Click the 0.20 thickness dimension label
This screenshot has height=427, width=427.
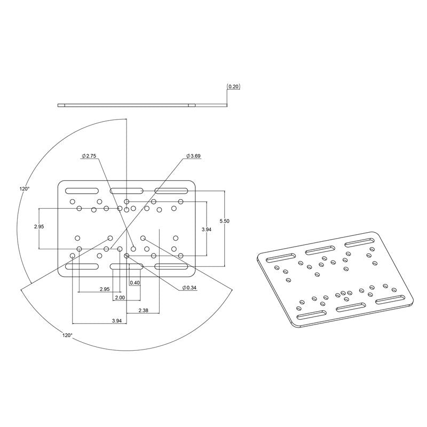233,86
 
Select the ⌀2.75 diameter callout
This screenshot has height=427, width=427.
89,156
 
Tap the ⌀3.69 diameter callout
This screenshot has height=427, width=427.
193,156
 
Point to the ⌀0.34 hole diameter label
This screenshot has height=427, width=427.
189,288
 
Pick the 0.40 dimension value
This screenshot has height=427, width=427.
135,282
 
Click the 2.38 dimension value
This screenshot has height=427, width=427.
143,310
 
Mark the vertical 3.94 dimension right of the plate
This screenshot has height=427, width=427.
206,229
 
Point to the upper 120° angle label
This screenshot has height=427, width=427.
25,188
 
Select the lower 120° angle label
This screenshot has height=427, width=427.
67,335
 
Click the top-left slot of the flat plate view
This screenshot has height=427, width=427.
82,191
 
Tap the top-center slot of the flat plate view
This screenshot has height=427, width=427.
126,191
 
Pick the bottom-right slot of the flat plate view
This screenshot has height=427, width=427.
171,265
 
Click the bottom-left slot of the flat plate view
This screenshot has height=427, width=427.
82,265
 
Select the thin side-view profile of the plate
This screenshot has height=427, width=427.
141,105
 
